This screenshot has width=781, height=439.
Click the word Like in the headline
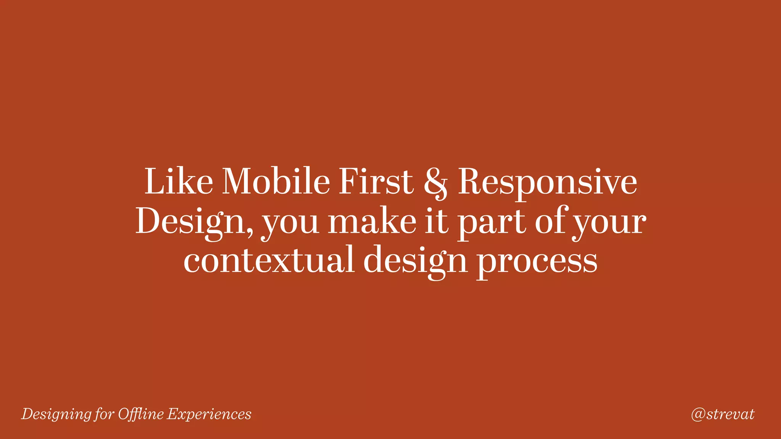pos(178,182)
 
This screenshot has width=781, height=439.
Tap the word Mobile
pos(276,182)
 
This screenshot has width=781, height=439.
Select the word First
pos(376,182)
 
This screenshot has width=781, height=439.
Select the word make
pos(372,221)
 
